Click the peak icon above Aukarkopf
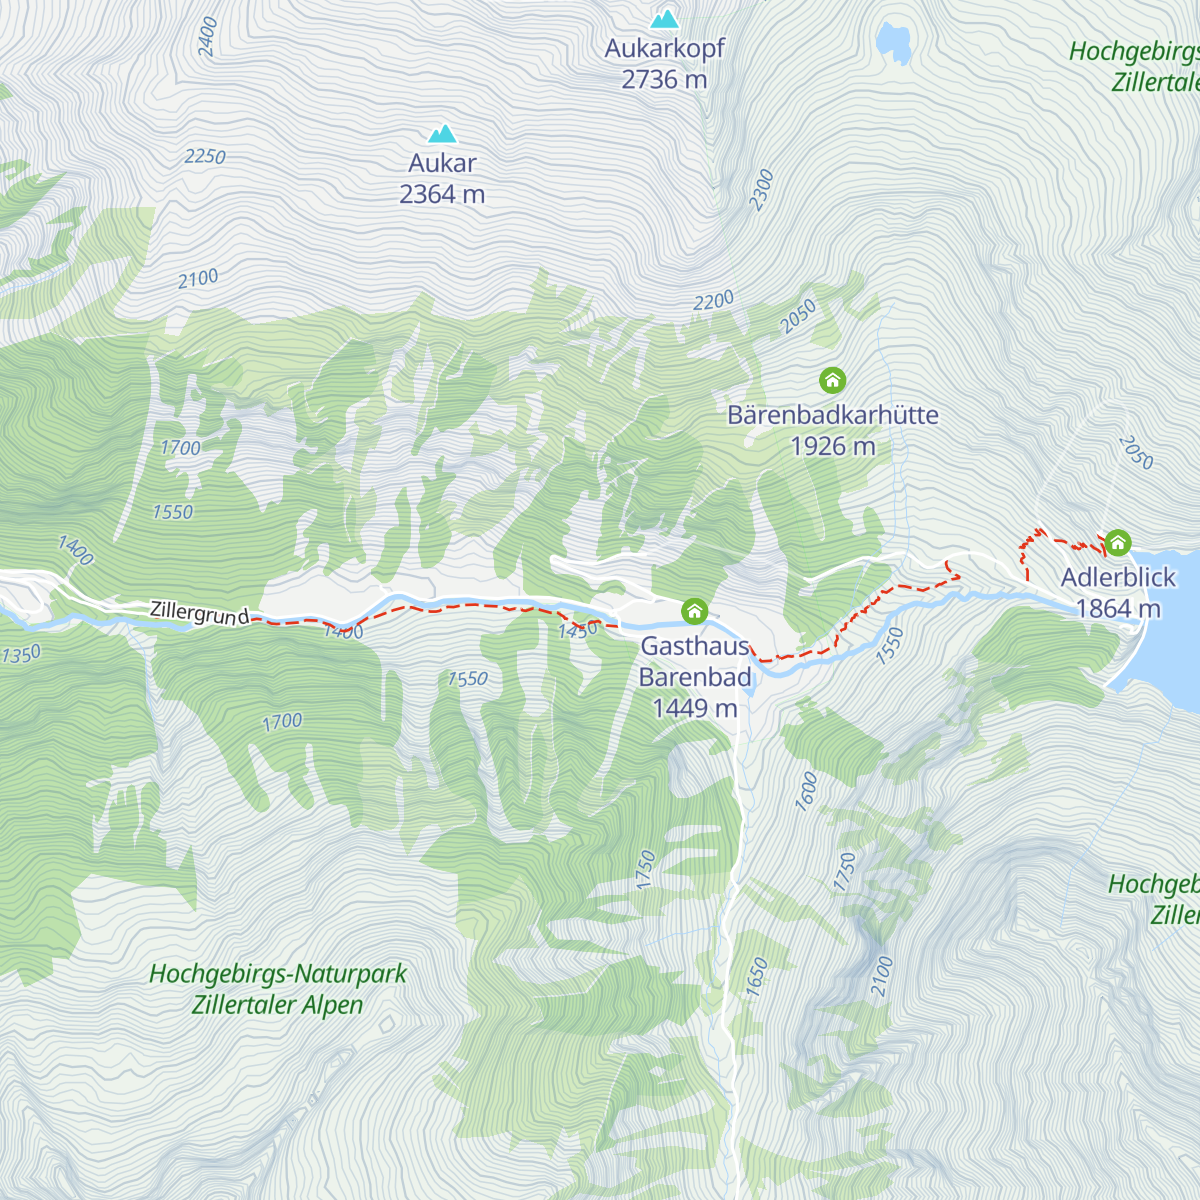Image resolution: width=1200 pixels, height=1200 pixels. (x=664, y=19)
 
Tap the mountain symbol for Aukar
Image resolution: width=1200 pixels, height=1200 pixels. (x=442, y=133)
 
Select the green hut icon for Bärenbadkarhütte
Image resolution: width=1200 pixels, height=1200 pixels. (x=832, y=380)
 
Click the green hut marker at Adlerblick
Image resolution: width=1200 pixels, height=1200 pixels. (x=1117, y=543)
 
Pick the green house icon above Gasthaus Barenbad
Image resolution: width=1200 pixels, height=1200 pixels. (x=694, y=611)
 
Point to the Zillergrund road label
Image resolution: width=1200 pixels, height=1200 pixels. (x=199, y=612)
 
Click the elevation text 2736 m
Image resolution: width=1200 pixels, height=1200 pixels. (x=664, y=80)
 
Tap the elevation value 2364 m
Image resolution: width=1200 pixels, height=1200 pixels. (x=442, y=195)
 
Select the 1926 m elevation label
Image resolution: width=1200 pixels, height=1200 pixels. (x=832, y=446)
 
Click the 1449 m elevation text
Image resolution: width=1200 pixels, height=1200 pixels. (x=694, y=709)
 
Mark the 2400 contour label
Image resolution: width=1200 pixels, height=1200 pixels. (x=207, y=36)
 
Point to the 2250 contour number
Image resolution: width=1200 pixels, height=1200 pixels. (x=205, y=157)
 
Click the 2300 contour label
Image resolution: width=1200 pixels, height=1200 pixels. (x=762, y=190)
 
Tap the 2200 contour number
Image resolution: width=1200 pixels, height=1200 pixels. (x=714, y=300)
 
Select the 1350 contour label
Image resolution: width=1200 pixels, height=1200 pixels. (x=21, y=655)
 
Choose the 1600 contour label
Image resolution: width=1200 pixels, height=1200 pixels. (x=806, y=791)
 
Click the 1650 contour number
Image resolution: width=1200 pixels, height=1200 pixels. (x=756, y=976)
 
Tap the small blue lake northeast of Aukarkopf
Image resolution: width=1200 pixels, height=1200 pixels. (x=893, y=42)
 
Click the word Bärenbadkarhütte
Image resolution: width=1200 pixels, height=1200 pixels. (x=832, y=415)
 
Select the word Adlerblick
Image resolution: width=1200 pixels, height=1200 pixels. (x=1118, y=577)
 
